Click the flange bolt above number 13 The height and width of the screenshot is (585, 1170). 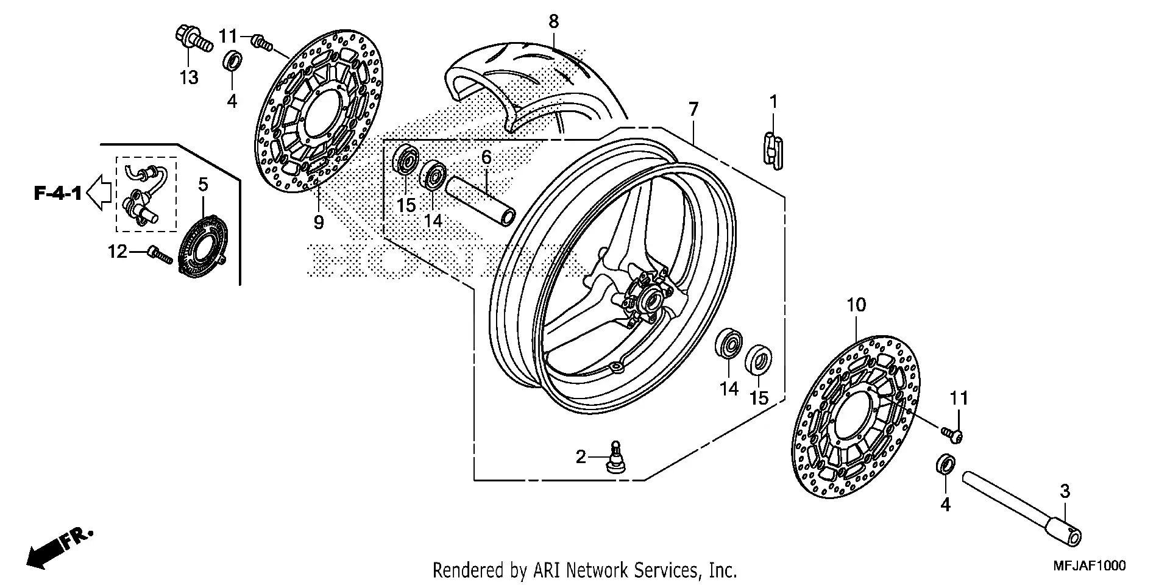tap(193, 38)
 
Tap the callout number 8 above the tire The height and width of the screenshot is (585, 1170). tap(553, 22)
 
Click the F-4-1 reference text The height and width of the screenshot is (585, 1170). tap(57, 194)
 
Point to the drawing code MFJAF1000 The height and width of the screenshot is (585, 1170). tap(1090, 566)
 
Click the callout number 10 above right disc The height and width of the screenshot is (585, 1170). tap(856, 305)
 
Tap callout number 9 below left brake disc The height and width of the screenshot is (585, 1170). tap(319, 222)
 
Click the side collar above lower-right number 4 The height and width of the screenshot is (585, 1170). tap(945, 465)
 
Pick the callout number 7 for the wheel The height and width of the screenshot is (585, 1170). tap(693, 110)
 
